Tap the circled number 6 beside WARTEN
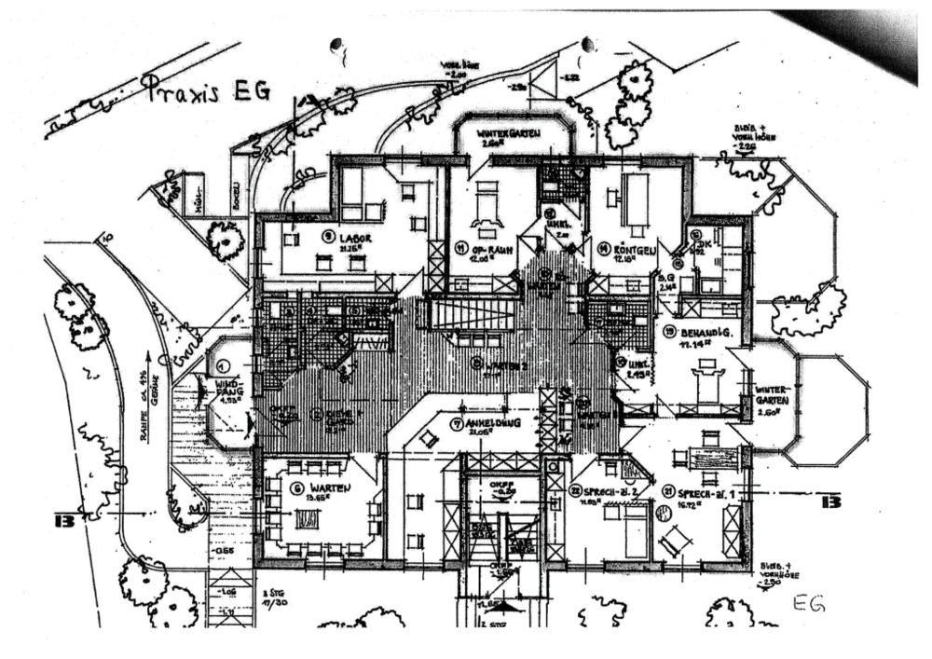coord(297,488)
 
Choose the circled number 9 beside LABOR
coord(327,237)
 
